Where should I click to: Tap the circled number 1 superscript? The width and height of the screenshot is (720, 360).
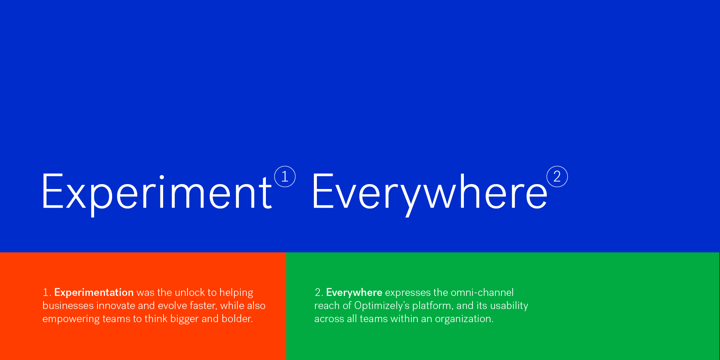tap(285, 177)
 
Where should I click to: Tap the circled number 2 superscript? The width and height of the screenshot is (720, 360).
tap(557, 177)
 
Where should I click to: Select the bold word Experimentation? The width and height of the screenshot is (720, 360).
tap(94, 292)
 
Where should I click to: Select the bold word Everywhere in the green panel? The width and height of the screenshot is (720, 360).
tap(354, 292)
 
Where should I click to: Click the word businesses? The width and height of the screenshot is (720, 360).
tap(68, 305)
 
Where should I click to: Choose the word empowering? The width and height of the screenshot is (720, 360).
tap(71, 319)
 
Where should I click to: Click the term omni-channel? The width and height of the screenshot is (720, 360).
tap(482, 292)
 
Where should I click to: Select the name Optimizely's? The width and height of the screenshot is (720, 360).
tap(382, 306)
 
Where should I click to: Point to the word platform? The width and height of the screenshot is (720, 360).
tap(433, 306)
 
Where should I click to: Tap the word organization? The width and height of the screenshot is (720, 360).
tap(464, 319)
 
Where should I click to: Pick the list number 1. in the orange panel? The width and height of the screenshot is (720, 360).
tap(47, 292)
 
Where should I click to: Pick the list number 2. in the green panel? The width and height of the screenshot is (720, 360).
tap(319, 292)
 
